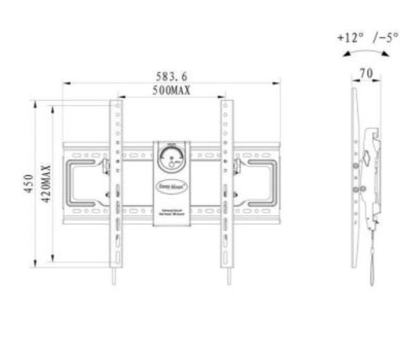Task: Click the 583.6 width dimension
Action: (x=172, y=77)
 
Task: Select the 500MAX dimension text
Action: (x=172, y=90)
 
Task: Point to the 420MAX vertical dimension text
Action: (x=46, y=184)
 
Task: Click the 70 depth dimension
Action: (x=366, y=74)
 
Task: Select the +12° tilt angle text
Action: (x=351, y=38)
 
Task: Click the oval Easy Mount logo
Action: (x=172, y=181)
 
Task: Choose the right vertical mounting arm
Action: (x=226, y=183)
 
